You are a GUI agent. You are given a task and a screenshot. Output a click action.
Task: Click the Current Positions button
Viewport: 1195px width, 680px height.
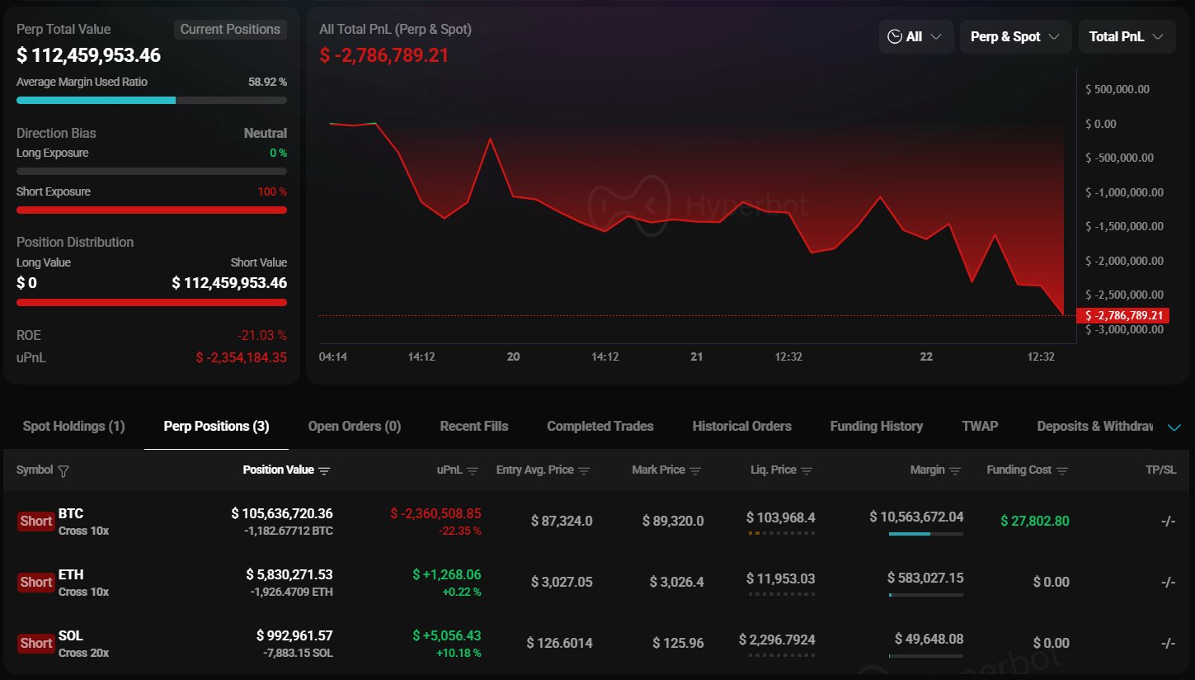click(230, 30)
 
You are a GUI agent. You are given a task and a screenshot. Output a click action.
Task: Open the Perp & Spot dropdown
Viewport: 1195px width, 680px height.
click(1015, 37)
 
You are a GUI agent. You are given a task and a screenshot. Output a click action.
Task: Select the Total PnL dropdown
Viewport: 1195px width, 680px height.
click(1127, 37)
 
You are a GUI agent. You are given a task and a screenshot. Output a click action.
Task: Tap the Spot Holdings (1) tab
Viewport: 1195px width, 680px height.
click(73, 427)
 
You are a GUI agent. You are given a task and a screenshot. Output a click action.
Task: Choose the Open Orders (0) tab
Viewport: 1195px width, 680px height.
click(354, 427)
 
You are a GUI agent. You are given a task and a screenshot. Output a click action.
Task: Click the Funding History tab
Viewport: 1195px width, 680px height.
click(876, 427)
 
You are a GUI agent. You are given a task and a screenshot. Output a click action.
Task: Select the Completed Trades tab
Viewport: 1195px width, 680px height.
click(600, 427)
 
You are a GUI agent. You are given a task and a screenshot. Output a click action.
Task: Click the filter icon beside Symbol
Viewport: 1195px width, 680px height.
click(64, 470)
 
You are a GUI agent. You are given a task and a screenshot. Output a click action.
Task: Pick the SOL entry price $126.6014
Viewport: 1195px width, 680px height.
click(559, 643)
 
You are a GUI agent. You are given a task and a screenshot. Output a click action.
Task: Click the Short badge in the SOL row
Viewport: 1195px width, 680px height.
click(36, 643)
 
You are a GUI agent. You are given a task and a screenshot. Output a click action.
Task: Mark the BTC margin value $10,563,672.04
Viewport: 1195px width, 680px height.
click(916, 517)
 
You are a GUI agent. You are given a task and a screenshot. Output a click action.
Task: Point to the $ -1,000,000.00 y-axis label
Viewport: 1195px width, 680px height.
click(1117, 192)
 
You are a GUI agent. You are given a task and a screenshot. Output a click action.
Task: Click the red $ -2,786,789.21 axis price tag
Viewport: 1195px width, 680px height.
click(1122, 315)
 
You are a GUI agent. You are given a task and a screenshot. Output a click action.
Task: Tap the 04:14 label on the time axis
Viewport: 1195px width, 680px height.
click(333, 357)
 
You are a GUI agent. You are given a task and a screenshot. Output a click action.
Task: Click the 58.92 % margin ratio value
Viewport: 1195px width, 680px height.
click(267, 83)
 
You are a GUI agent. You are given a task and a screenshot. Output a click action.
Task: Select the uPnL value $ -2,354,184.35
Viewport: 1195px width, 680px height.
click(241, 357)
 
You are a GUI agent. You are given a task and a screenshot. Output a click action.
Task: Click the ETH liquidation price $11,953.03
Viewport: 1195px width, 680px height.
click(780, 578)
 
